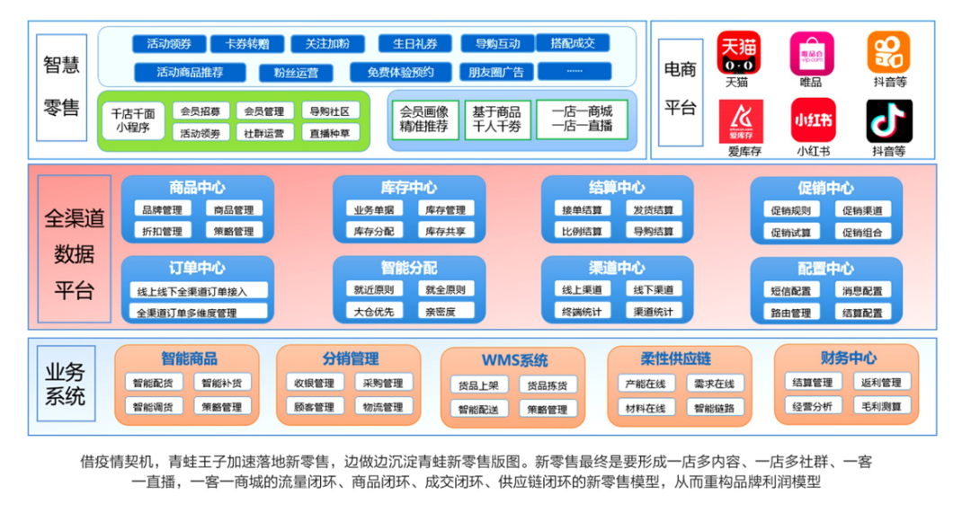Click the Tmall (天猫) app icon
pyautogui.click(x=737, y=53)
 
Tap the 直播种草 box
pyautogui.click(x=329, y=132)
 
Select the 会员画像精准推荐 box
pyautogui.click(x=423, y=119)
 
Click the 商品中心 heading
pyautogui.click(x=197, y=188)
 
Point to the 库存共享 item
pyautogui.click(x=444, y=231)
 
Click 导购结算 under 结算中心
pyautogui.click(x=653, y=231)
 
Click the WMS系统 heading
pyautogui.click(x=513, y=360)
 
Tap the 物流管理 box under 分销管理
pyautogui.click(x=383, y=407)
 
